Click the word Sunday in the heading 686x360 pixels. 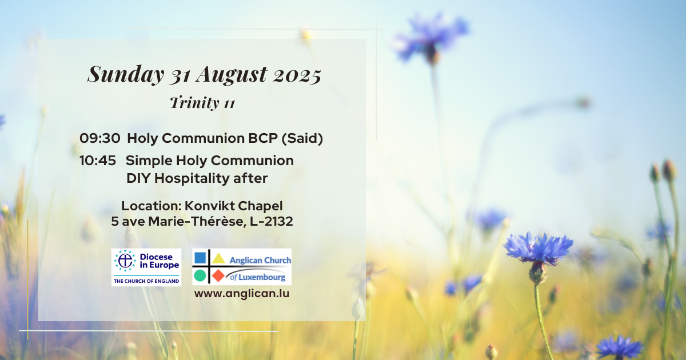[x=126, y=74]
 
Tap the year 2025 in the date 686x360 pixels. [x=297, y=75]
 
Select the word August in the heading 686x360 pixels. [x=232, y=75]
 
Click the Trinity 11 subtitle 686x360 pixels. [x=202, y=102]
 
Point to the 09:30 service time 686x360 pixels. [x=100, y=138]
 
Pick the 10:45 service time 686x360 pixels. [x=98, y=161]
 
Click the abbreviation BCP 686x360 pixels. [x=263, y=138]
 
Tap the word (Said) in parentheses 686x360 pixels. [x=302, y=139]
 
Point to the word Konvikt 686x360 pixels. [x=209, y=206]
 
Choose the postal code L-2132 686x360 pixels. [x=272, y=222]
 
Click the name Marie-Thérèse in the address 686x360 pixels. [x=198, y=222]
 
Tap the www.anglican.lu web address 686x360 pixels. [x=242, y=294]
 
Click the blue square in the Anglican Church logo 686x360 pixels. [x=200, y=258]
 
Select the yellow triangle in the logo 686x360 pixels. [x=218, y=258]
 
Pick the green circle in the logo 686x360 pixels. [x=200, y=275]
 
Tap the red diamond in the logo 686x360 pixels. [x=218, y=275]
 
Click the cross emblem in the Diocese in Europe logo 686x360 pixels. [x=125, y=261]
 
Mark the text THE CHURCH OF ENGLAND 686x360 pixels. [x=146, y=281]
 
